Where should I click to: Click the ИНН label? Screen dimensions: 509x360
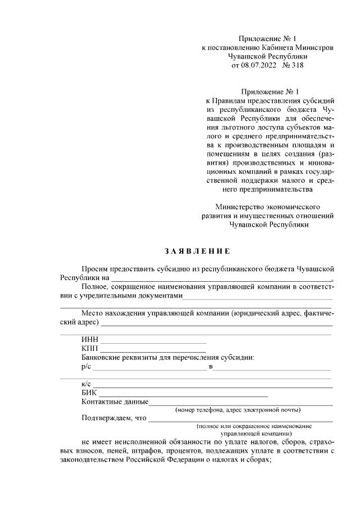coord(89,340)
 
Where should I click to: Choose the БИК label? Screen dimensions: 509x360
coord(89,393)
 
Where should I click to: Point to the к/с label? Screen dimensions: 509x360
coord(85,384)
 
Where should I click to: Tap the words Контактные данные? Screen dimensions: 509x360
coord(115,402)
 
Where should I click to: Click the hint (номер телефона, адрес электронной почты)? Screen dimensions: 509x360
coord(237,409)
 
